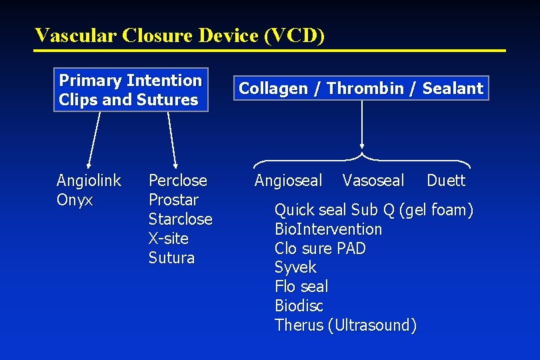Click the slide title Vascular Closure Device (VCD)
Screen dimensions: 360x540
coord(180,35)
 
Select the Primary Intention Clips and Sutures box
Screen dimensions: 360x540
coord(131,90)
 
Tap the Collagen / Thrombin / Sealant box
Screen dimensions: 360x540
coord(361,88)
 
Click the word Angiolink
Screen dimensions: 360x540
coord(89,181)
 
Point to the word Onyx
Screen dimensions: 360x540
coord(75,200)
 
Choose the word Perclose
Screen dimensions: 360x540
coord(177,181)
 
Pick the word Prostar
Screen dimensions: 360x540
coord(173,200)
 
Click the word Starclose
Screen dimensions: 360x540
coord(180,219)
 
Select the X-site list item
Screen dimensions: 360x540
coord(169,239)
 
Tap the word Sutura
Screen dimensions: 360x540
coord(171,258)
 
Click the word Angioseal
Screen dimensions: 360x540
coord(288,181)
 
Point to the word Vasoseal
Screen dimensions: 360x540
coord(373,181)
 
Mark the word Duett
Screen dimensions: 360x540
coord(446,181)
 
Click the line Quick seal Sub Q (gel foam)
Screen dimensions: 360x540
coord(373,211)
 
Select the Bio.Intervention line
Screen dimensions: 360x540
coord(328,229)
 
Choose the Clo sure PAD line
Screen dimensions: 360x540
coord(320,249)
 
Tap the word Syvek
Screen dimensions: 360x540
coord(295,268)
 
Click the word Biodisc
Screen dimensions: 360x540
coord(299,306)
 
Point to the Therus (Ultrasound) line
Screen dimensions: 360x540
coord(345,325)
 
